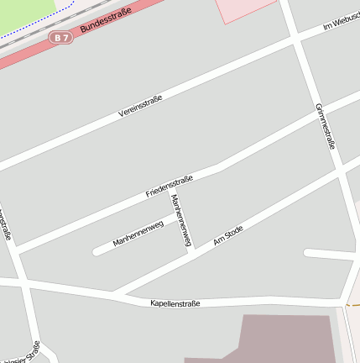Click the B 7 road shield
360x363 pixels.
59,37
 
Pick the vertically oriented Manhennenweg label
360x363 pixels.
180,220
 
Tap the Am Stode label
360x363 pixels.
228,234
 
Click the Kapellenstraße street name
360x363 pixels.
175,302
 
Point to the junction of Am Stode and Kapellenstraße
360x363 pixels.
114,293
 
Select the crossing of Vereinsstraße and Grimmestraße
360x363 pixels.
296,38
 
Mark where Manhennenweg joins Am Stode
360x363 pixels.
192,250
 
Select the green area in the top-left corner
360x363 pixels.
25,13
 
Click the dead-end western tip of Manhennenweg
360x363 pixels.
97,250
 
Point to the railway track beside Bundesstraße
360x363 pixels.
50,27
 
